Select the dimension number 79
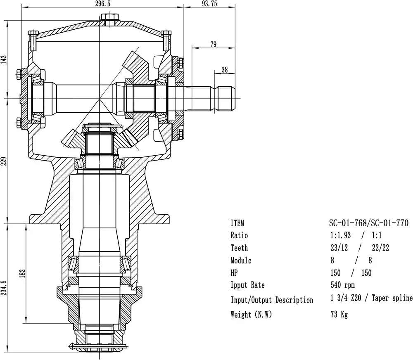(213, 45)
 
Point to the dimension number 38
(225, 70)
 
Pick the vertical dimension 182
(23, 273)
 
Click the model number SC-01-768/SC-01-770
(369, 223)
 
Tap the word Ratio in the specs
(239, 236)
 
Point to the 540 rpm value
(343, 285)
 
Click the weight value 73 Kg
(339, 315)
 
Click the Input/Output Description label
(272, 300)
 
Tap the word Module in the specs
(241, 261)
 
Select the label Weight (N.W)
(251, 315)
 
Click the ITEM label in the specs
(237, 223)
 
